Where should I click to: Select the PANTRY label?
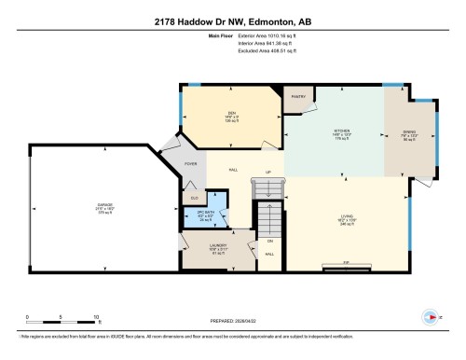coord(299,96)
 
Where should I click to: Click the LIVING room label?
coord(347,217)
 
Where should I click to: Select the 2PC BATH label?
coord(206,213)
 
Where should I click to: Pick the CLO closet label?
coord(194,199)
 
